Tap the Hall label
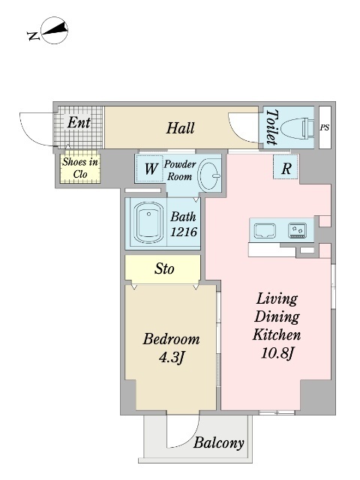click(180, 128)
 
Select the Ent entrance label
click(79, 122)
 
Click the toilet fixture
click(297, 127)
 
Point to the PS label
click(325, 127)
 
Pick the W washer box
click(150, 168)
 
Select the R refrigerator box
click(286, 167)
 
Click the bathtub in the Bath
click(148, 222)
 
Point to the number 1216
click(183, 232)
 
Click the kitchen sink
click(265, 230)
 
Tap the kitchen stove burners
click(297, 230)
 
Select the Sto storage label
click(164, 268)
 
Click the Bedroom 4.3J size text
click(172, 357)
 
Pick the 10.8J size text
click(277, 353)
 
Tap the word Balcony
click(219, 442)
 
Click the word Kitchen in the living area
click(277, 335)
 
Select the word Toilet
click(271, 127)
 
